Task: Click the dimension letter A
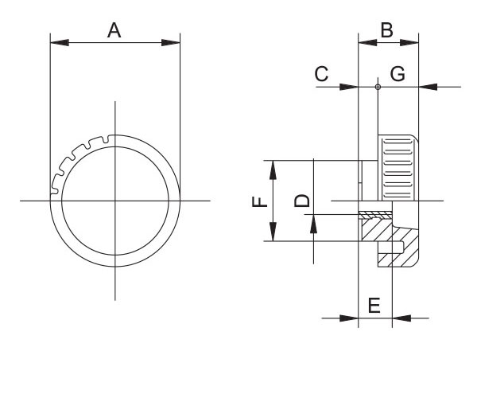[114, 30]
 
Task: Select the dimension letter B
[387, 30]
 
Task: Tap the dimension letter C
[321, 74]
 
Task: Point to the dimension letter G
[397, 74]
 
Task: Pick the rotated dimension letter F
[260, 201]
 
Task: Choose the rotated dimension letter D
[302, 201]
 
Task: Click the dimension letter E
[374, 306]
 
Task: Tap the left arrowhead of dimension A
[60, 43]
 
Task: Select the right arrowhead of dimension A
[171, 43]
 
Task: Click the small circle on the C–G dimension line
[378, 87]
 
